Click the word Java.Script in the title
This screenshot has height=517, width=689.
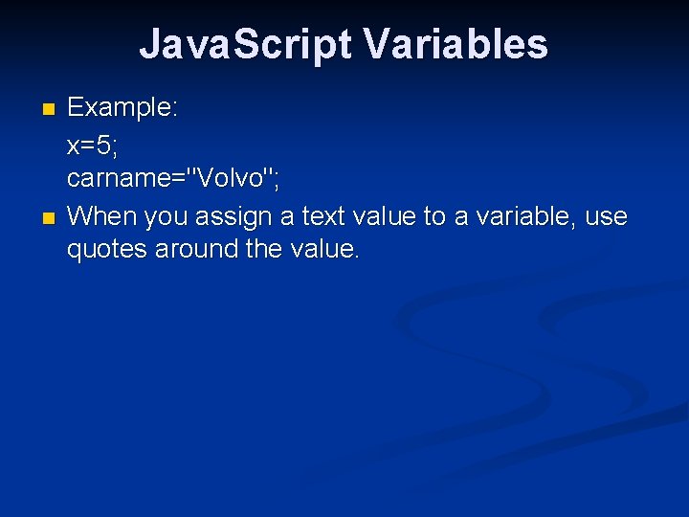[x=245, y=45]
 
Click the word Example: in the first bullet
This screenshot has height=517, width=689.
[x=122, y=107]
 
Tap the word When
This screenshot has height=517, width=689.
[x=102, y=216]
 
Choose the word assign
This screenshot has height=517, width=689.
[x=233, y=217]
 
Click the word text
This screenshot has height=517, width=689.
[x=325, y=216]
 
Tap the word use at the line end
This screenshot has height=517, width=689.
[x=606, y=217]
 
